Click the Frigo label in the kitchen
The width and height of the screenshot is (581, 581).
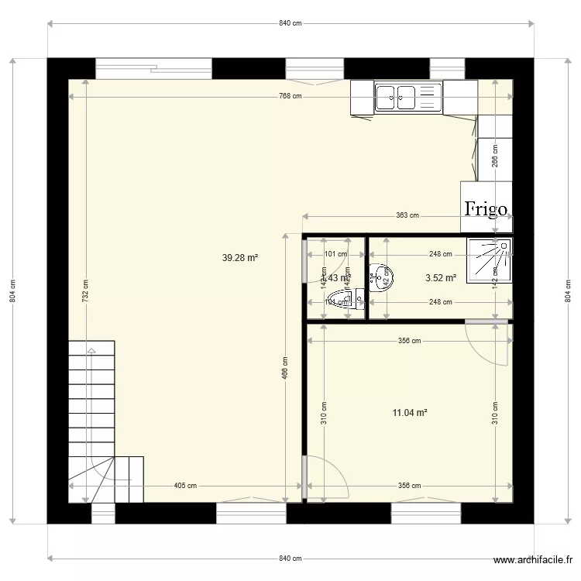486,208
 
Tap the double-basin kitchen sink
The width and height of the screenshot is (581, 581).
407,98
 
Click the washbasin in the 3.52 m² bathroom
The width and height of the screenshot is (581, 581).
380,277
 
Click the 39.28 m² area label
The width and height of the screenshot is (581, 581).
239,259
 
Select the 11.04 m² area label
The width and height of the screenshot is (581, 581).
410,413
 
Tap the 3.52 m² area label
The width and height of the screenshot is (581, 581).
440,277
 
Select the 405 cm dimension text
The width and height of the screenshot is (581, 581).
185,486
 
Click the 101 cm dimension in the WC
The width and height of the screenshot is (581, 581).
335,254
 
